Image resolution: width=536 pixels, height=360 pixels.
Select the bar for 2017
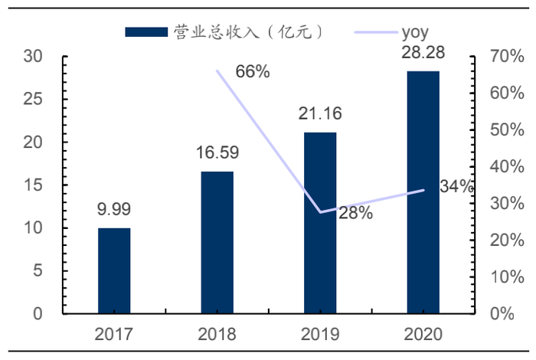click(x=114, y=270)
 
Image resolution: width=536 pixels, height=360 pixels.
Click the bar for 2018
click(x=217, y=242)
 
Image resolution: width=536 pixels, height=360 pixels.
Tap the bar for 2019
click(x=320, y=223)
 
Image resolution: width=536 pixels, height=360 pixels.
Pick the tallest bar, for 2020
click(x=423, y=192)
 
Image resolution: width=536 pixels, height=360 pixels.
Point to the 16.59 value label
click(x=217, y=152)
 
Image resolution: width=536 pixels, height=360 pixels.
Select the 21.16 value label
click(x=320, y=114)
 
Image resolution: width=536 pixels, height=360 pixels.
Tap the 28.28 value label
click(x=423, y=53)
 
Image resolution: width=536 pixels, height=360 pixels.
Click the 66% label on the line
click(x=253, y=72)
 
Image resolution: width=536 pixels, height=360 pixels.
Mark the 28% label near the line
click(x=355, y=214)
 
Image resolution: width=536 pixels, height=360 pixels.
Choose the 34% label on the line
click(x=457, y=187)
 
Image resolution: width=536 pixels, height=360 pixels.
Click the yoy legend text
click(x=414, y=32)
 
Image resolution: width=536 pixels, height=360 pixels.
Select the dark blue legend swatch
click(x=145, y=32)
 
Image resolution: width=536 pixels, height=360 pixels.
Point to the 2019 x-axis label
click(x=320, y=334)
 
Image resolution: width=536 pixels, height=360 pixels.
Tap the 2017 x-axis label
click(x=114, y=334)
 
